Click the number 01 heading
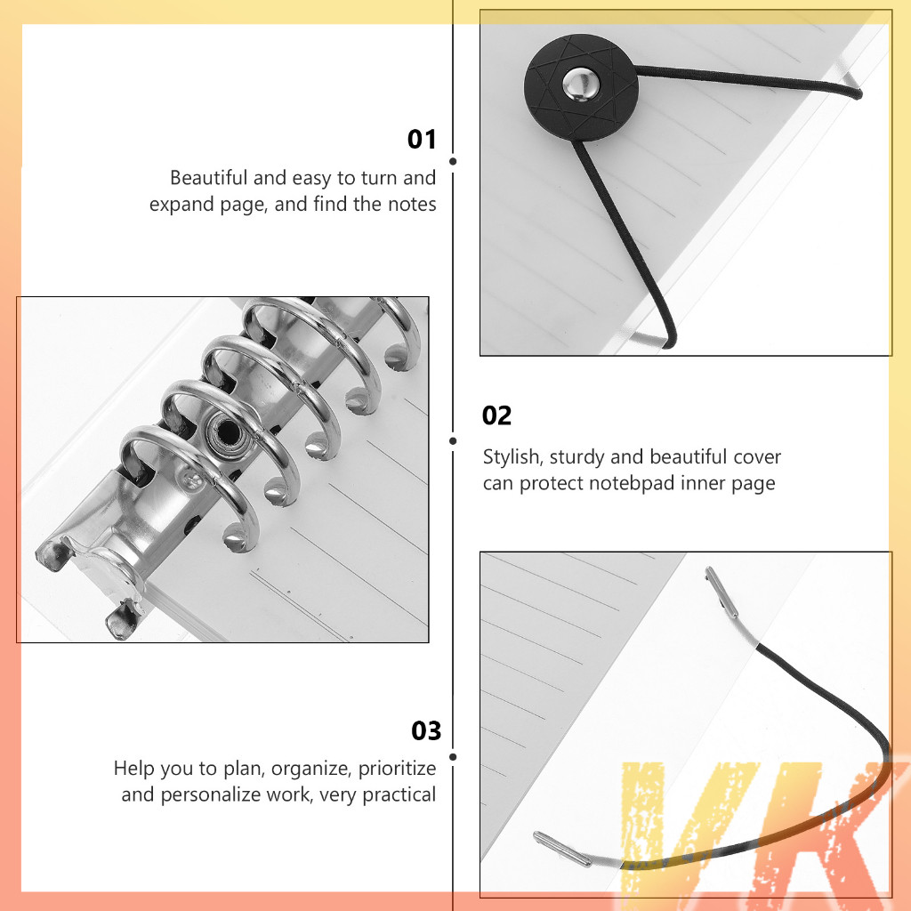pos(422,140)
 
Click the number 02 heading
pos(496,416)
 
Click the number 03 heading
pos(426,731)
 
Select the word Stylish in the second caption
pos(513,458)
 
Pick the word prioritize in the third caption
pos(397,768)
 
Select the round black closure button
pos(581,87)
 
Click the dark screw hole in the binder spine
pos(229,431)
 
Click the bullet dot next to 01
pos(453,162)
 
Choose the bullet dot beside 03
pos(453,757)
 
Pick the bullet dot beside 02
pos(453,441)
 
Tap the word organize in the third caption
pos(311,770)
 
